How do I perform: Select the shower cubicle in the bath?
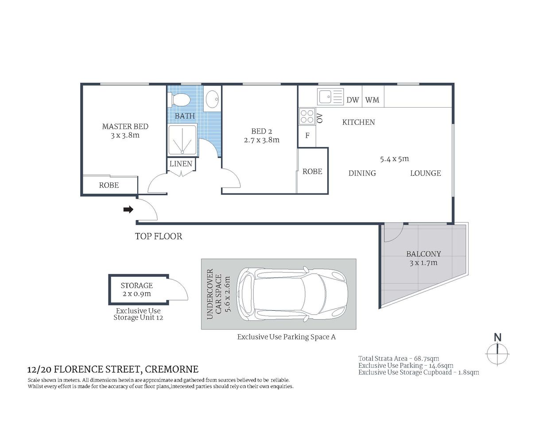click(182, 140)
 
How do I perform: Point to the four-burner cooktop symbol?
click(307, 116)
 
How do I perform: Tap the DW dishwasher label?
click(352, 100)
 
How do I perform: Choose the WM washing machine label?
click(372, 100)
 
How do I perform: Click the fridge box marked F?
click(307, 136)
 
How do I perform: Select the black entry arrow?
click(128, 209)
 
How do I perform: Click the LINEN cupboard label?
click(181, 164)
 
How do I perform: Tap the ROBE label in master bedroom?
click(109, 185)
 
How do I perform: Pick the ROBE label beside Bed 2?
click(312, 171)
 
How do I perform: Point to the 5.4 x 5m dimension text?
click(394, 158)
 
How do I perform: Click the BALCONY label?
click(423, 254)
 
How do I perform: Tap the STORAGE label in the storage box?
click(137, 286)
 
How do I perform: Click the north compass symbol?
click(498, 352)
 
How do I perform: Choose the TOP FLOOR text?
click(159, 236)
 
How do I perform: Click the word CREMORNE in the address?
click(172, 369)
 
